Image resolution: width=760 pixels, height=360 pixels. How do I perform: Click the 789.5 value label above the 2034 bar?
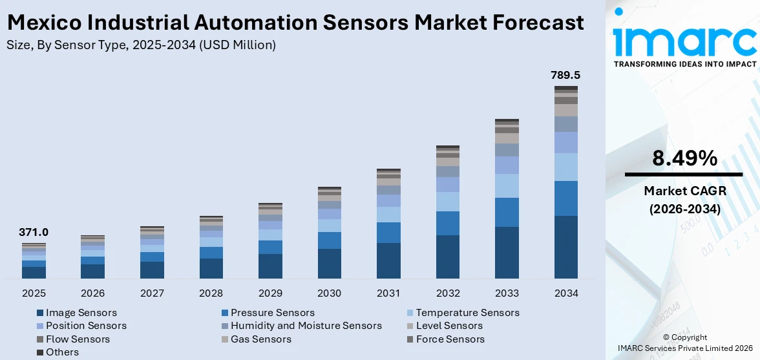(565, 76)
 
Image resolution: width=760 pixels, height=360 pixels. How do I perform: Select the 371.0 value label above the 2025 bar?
(34, 232)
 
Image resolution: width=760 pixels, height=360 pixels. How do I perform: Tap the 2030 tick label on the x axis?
(330, 293)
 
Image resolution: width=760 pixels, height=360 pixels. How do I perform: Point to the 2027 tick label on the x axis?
(152, 293)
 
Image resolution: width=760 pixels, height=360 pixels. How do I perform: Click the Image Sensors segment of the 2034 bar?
(566, 247)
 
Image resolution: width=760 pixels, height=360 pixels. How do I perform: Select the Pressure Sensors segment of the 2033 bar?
(507, 212)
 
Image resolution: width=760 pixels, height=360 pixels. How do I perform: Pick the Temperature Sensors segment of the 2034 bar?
(566, 167)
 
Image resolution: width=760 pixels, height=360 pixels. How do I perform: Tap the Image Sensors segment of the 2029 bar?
(270, 266)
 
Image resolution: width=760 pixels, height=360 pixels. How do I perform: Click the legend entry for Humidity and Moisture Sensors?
(306, 326)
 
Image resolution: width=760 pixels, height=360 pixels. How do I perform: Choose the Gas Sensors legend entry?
(260, 339)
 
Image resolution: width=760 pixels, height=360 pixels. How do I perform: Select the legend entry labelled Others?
(62, 352)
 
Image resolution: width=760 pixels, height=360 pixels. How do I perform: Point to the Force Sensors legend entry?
(450, 339)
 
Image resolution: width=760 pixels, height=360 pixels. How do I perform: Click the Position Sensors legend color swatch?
(40, 326)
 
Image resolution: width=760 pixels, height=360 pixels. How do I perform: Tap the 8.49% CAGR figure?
(684, 158)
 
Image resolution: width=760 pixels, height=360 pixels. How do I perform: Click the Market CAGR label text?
(684, 191)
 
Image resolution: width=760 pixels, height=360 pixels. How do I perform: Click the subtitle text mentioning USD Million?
(141, 45)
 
